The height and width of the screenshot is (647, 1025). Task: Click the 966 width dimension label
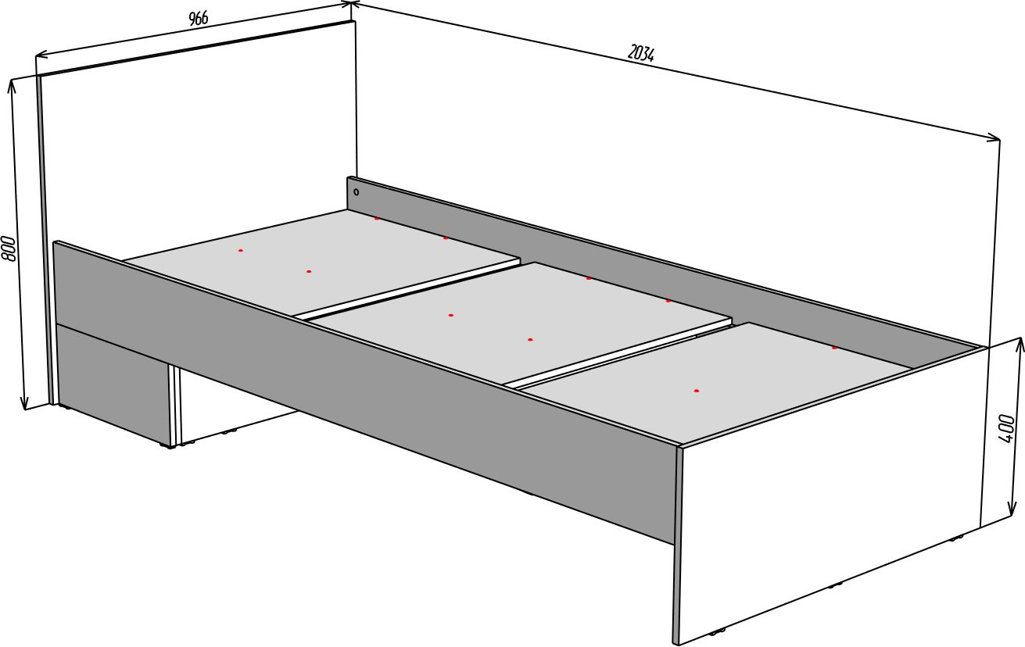(x=198, y=18)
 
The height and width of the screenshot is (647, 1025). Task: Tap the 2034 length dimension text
(x=640, y=53)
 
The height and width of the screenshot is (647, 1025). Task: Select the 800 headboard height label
(x=9, y=248)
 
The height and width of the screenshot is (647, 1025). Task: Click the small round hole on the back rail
(x=357, y=192)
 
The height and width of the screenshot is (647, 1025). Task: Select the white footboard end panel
(x=833, y=494)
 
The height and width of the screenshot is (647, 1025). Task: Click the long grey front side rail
(x=366, y=388)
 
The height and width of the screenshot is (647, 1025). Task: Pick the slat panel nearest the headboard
(x=321, y=261)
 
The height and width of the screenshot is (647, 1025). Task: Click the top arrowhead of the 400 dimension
(x=1018, y=344)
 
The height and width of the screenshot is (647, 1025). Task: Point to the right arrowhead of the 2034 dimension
(x=994, y=138)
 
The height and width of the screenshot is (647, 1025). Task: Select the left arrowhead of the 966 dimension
(x=41, y=55)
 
